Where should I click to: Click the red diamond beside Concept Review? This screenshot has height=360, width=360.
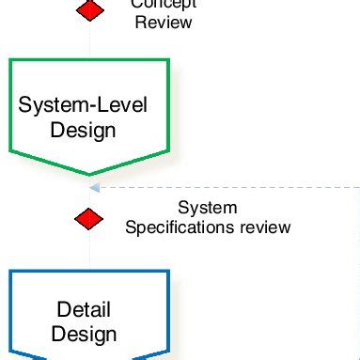click(90, 9)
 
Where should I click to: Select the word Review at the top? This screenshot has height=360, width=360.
click(164, 21)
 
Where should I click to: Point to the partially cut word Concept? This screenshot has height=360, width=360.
click(164, 4)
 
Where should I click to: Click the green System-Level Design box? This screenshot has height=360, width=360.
click(89, 113)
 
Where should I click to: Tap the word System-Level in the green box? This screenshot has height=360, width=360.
click(84, 104)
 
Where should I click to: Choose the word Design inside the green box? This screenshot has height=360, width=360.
click(85, 130)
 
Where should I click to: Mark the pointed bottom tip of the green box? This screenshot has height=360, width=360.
click(90, 173)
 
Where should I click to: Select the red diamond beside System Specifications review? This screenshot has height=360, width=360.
click(89, 218)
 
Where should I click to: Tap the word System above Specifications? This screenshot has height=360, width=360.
click(208, 208)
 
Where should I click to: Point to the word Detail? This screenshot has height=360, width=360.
click(84, 309)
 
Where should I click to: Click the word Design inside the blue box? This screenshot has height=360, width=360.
click(85, 334)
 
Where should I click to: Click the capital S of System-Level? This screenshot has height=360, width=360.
click(25, 104)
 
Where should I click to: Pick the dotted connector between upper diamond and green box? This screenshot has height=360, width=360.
click(90, 39)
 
